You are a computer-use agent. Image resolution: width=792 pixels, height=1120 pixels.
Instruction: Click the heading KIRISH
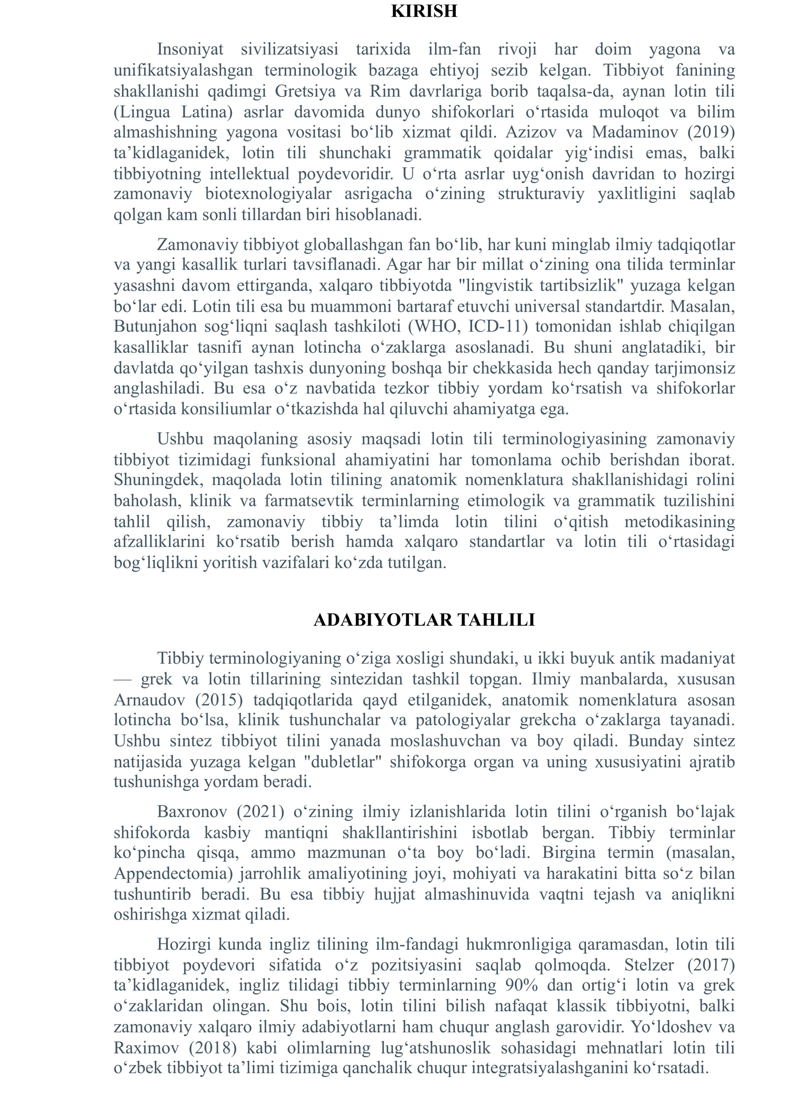click(x=424, y=11)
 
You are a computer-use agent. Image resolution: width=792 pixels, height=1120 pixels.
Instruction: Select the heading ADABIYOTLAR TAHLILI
click(x=424, y=620)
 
